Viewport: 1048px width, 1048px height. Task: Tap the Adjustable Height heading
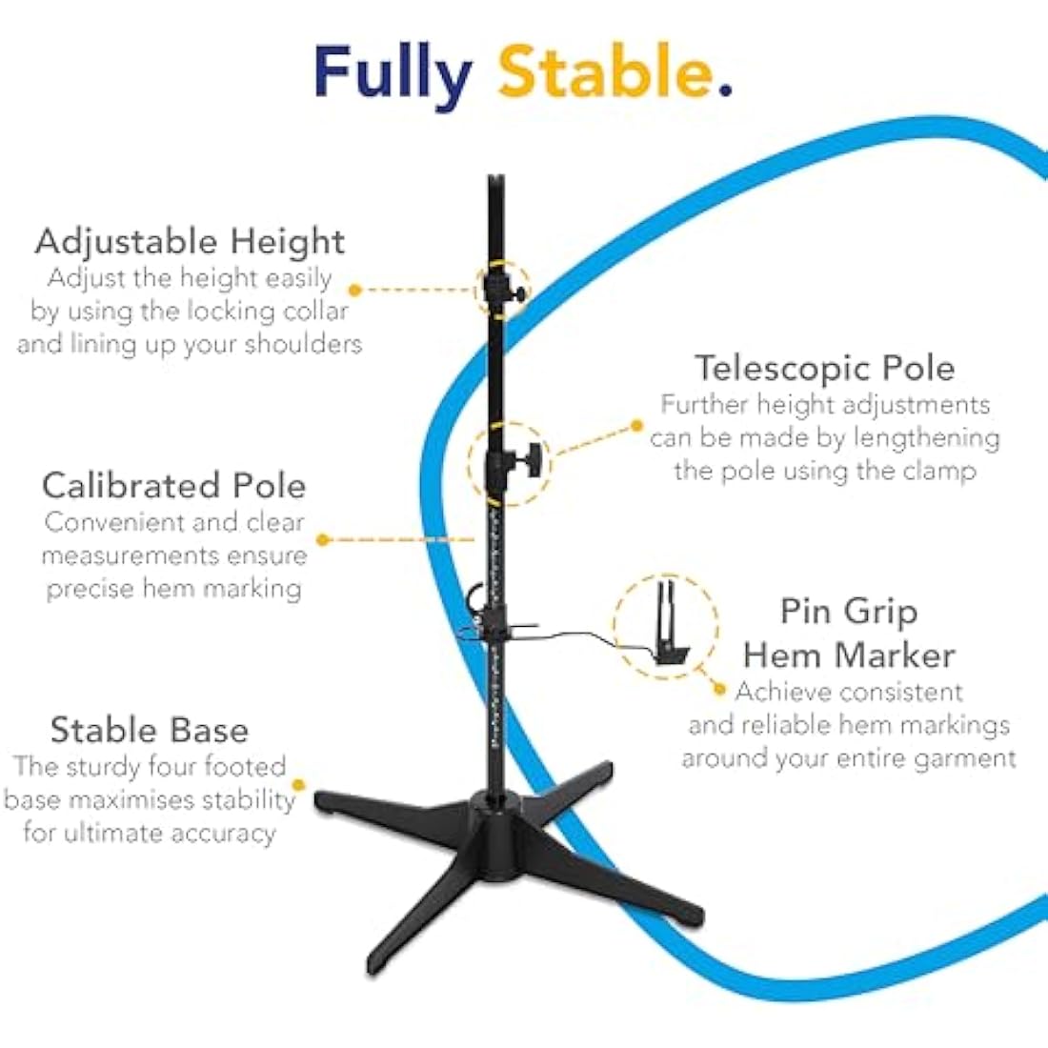point(190,242)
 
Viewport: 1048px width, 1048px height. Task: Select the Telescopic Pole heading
point(825,368)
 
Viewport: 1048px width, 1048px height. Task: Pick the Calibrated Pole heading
point(173,485)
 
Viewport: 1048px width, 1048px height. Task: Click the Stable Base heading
point(150,729)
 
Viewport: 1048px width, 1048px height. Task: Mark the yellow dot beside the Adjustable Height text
point(355,290)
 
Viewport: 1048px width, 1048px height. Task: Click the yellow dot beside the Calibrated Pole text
point(324,539)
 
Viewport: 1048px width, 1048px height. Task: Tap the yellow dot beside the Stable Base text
point(299,785)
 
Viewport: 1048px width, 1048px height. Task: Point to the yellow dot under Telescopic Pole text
point(637,425)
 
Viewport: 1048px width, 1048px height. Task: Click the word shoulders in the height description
point(303,344)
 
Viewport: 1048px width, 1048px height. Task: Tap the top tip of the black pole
point(495,176)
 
